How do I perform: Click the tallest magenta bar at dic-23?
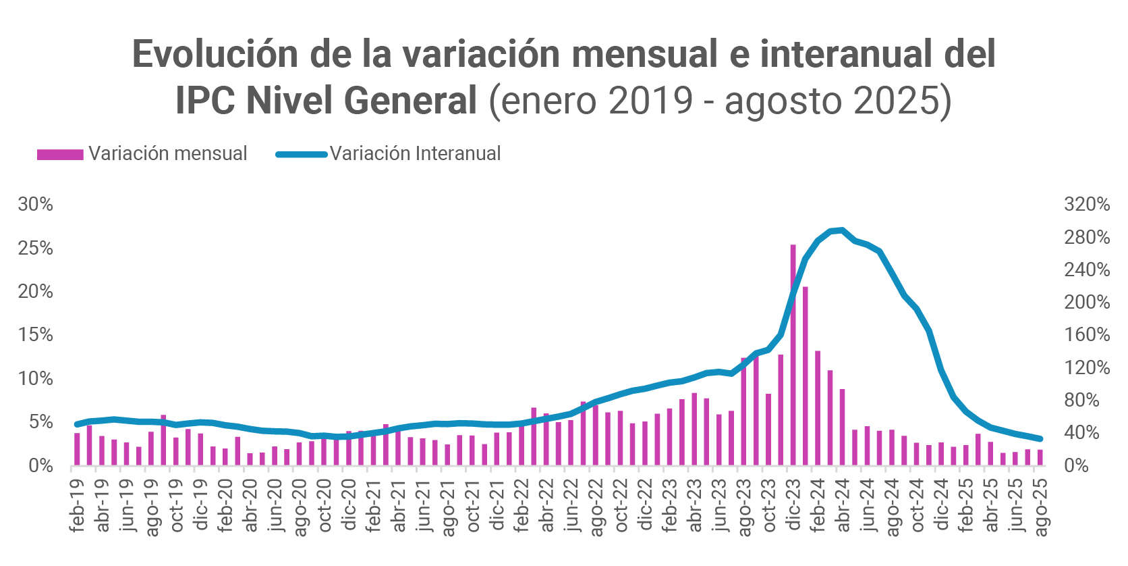pyautogui.click(x=793, y=355)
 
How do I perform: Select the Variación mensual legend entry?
pyautogui.click(x=142, y=154)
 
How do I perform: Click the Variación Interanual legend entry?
pyautogui.click(x=389, y=154)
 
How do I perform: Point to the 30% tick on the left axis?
pyautogui.click(x=35, y=204)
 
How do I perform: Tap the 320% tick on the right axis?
pyautogui.click(x=1086, y=204)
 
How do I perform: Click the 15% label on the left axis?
pyautogui.click(x=35, y=334)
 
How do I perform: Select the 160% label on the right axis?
pyautogui.click(x=1086, y=334)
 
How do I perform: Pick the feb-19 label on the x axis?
pyautogui.click(x=78, y=505)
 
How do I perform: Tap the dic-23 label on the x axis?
pyautogui.click(x=793, y=505)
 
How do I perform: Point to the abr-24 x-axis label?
pyautogui.click(x=843, y=505)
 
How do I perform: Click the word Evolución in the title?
pyautogui.click(x=215, y=54)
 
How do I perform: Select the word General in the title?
pyautogui.click(x=411, y=101)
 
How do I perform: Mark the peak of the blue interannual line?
pyautogui.click(x=842, y=230)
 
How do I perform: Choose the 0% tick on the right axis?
pyautogui.click(x=1076, y=465)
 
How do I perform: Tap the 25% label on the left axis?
pyautogui.click(x=35, y=248)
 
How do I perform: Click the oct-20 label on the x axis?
pyautogui.click(x=325, y=505)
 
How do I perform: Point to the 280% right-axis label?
pyautogui.click(x=1086, y=237)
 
